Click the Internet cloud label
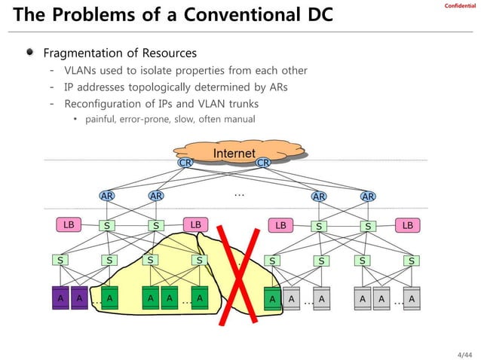(x=234, y=154)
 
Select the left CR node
(x=185, y=162)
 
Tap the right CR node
(x=263, y=162)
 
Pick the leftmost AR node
(x=108, y=196)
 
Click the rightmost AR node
(x=368, y=197)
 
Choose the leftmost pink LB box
(x=68, y=224)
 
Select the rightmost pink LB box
(x=408, y=224)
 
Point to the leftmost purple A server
(x=59, y=298)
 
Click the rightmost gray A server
(x=412, y=298)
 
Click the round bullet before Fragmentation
(x=29, y=53)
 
